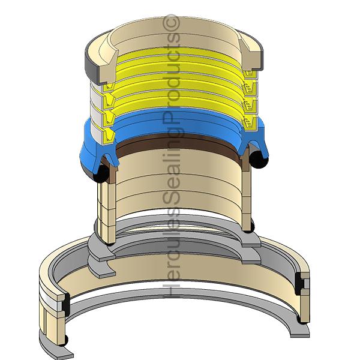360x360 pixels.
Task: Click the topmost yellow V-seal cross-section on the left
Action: [109, 88]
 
